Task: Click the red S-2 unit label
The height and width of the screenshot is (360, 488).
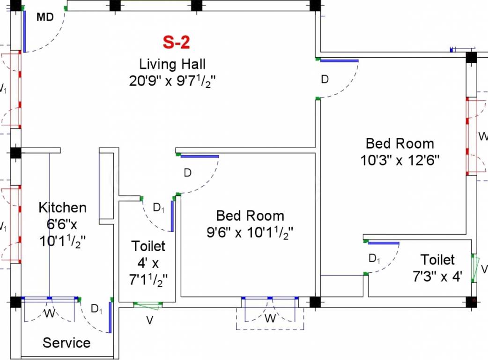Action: tap(176, 43)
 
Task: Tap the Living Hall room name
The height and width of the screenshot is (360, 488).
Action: tap(172, 64)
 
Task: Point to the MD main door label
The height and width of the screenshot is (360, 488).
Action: tap(45, 18)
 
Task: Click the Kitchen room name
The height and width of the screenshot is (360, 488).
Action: tap(62, 207)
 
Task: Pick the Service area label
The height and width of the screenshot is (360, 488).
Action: tap(67, 343)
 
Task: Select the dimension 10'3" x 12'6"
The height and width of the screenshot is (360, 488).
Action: tap(399, 160)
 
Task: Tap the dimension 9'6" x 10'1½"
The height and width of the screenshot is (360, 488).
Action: tap(250, 232)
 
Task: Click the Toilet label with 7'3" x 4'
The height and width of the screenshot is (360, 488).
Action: tap(437, 259)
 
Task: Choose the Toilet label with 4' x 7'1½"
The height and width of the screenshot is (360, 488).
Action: tap(148, 246)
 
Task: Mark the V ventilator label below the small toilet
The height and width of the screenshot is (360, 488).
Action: tap(149, 321)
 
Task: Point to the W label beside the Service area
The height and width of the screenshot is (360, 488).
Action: tap(49, 314)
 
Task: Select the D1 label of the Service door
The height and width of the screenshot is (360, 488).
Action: tap(96, 309)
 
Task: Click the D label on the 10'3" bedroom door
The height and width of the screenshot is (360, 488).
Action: tap(325, 79)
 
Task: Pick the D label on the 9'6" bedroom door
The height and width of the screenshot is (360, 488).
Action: tap(187, 173)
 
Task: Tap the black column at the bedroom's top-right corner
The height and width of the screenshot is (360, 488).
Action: tap(471, 58)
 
